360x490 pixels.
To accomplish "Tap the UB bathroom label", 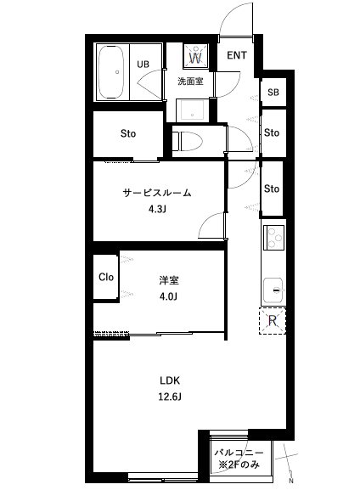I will tap(143, 64).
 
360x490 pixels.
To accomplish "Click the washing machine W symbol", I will tap(194, 57).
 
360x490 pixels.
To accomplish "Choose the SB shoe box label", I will tap(273, 93).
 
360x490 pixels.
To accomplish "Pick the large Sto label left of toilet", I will tap(127, 133).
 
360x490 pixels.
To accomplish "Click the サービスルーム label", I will tap(158, 193).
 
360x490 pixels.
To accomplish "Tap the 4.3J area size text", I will tap(156, 209).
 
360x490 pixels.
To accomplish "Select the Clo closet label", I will tap(106, 277).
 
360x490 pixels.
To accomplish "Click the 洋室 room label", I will tap(167, 279).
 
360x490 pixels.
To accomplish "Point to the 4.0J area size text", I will tap(167, 296).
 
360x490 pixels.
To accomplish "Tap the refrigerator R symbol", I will tap(273, 320).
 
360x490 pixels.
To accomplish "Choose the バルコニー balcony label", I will tap(238, 453).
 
